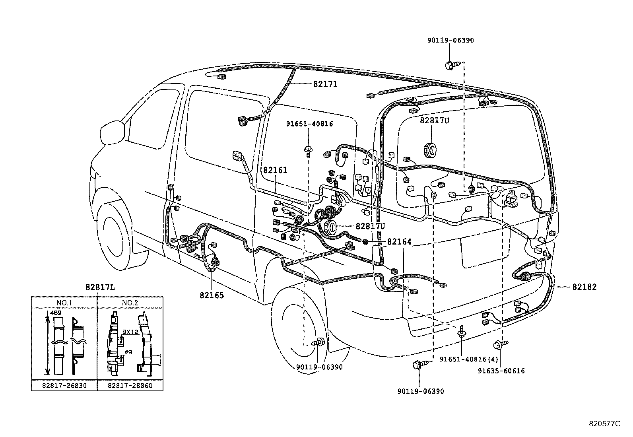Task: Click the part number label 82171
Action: pos(325,84)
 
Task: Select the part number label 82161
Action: pos(275,170)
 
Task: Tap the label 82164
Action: pos(399,241)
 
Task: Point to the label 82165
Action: pos(212,295)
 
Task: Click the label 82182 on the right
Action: pos(584,287)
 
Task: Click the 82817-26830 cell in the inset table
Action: pos(64,386)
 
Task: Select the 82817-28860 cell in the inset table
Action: pos(130,386)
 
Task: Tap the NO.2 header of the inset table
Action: pos(130,303)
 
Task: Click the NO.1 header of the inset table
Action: pos(64,303)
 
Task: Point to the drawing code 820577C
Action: pos(604,424)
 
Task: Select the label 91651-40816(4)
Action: pos(468,359)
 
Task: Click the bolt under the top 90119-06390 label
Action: pos(452,64)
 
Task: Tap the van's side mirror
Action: pos(113,133)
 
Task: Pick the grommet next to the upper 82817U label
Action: pos(430,149)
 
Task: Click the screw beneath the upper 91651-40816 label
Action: pos(308,151)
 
